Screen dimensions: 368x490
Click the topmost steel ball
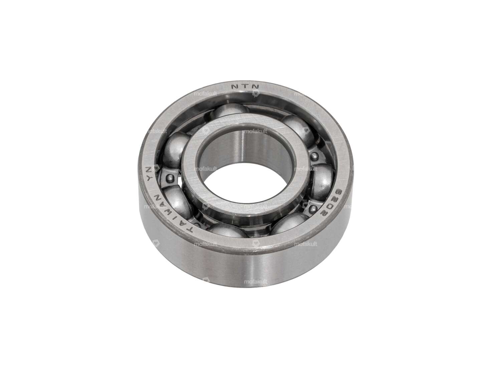point(230,110)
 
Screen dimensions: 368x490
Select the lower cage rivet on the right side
point(313,208)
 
